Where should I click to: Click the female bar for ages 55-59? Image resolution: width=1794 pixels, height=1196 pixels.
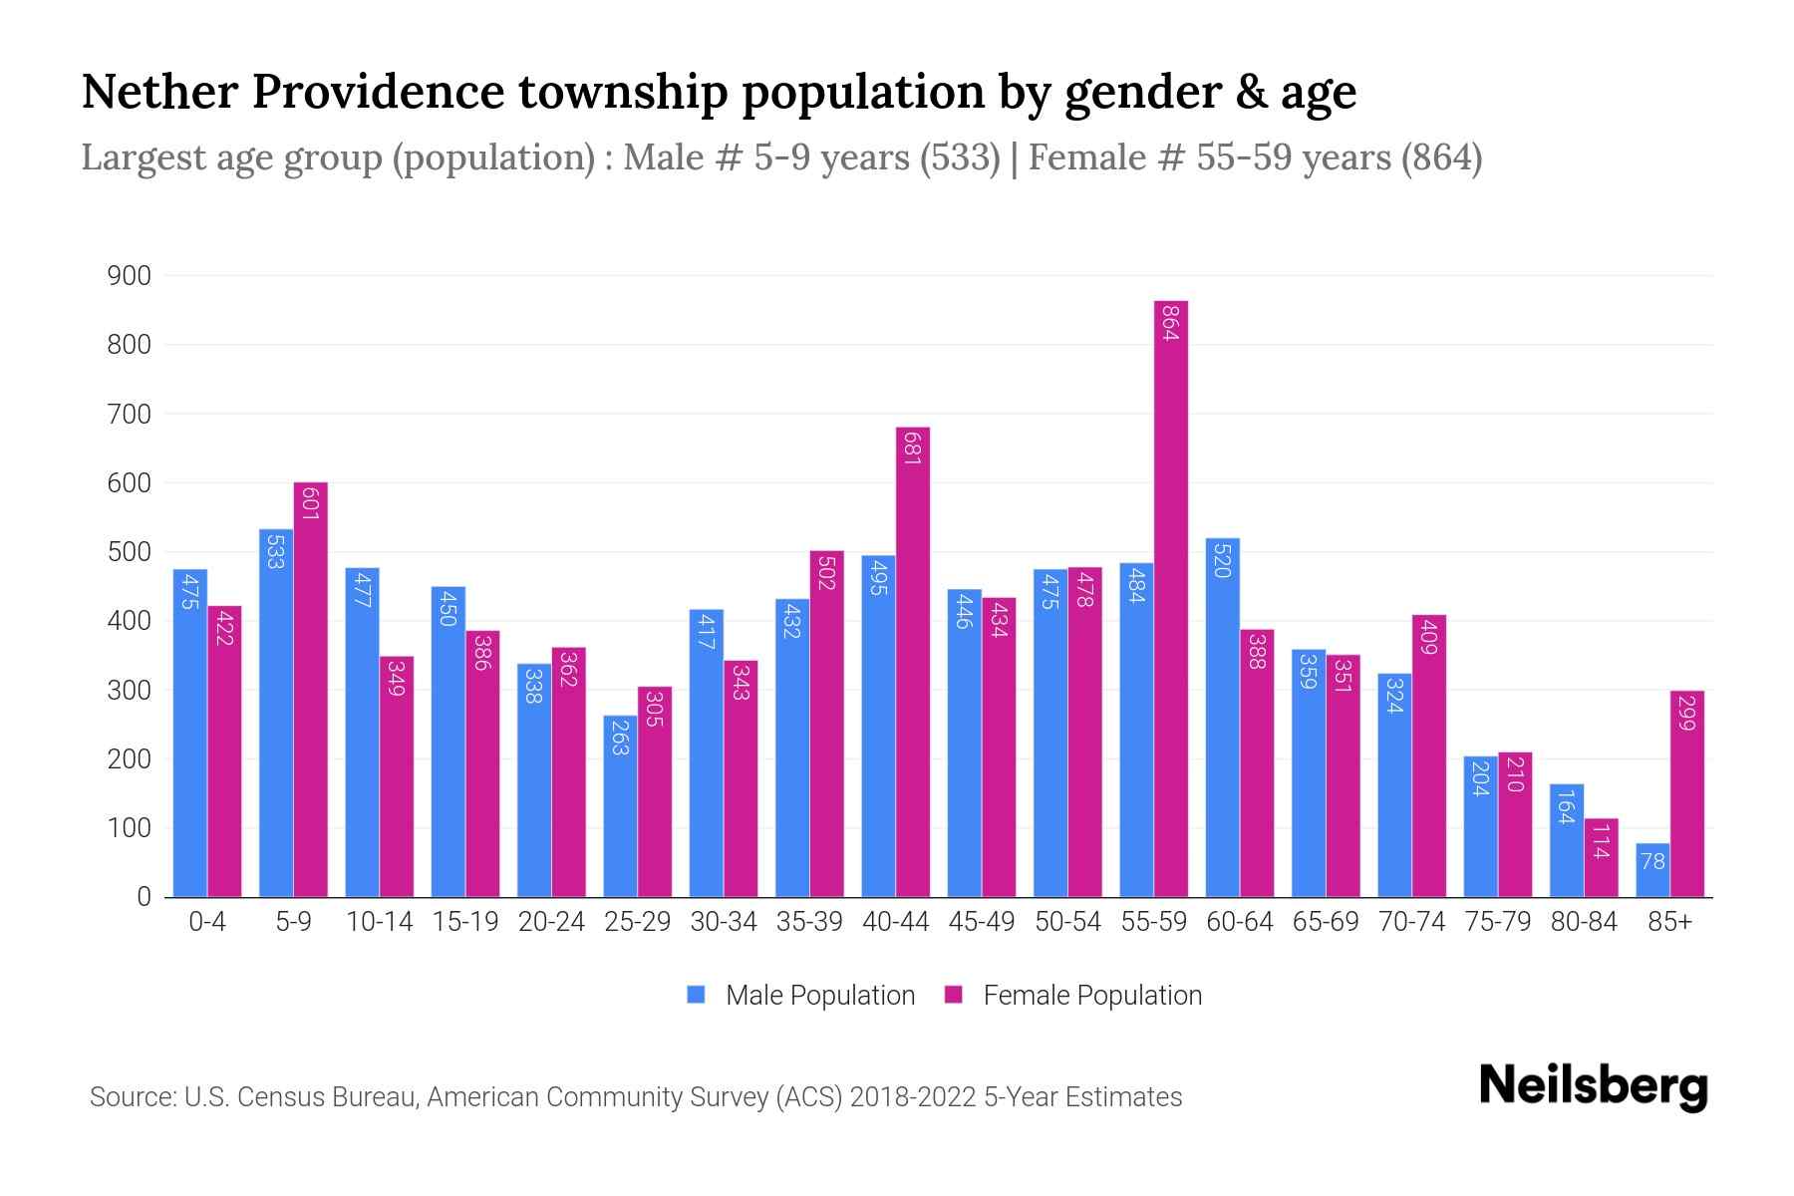pyautogui.click(x=1171, y=598)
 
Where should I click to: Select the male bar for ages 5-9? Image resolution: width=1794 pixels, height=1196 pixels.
pyautogui.click(x=276, y=713)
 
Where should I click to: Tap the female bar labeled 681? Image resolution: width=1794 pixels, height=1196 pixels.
pyautogui.click(x=913, y=663)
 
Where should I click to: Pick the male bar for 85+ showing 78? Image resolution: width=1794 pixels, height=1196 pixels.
pyautogui.click(x=1652, y=870)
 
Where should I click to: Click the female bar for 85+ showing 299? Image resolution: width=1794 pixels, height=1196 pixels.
pyautogui.click(x=1687, y=794)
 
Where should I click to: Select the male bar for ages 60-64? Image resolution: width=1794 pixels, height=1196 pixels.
pyautogui.click(x=1223, y=718)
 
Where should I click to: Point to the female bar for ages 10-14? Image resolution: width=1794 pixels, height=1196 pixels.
pyautogui.click(x=397, y=776)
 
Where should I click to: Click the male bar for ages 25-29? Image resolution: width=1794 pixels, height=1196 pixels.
pyautogui.click(x=620, y=806)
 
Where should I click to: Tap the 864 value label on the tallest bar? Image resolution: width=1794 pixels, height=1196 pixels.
pyautogui.click(x=1171, y=323)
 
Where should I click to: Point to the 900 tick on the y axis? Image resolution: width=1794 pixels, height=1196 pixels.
pyautogui.click(x=130, y=276)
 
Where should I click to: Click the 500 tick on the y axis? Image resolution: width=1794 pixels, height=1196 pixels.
pyautogui.click(x=130, y=552)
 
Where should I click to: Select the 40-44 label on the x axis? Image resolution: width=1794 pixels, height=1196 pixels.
pyautogui.click(x=895, y=922)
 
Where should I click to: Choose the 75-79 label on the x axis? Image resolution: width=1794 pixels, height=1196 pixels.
pyautogui.click(x=1497, y=922)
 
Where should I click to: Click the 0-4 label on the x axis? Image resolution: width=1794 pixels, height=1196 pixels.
pyautogui.click(x=207, y=922)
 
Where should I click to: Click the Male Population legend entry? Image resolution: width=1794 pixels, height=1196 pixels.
pyautogui.click(x=801, y=995)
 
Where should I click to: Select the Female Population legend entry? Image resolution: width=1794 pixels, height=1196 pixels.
pyautogui.click(x=1073, y=995)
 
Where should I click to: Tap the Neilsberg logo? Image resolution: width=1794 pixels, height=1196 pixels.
pyautogui.click(x=1593, y=1086)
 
